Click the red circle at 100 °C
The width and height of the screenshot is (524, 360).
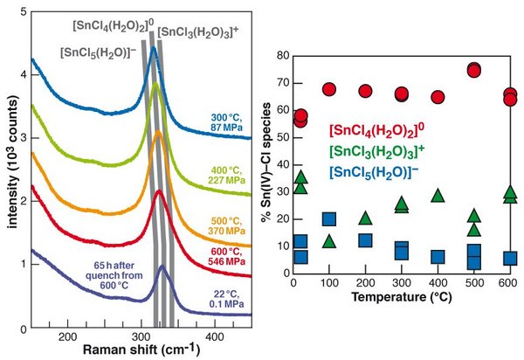pyautogui.click(x=329, y=89)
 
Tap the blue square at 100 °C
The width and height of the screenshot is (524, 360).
pyautogui.click(x=329, y=219)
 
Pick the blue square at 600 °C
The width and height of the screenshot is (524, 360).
pyautogui.click(x=510, y=258)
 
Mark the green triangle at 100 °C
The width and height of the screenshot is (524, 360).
pyautogui.click(x=329, y=241)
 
